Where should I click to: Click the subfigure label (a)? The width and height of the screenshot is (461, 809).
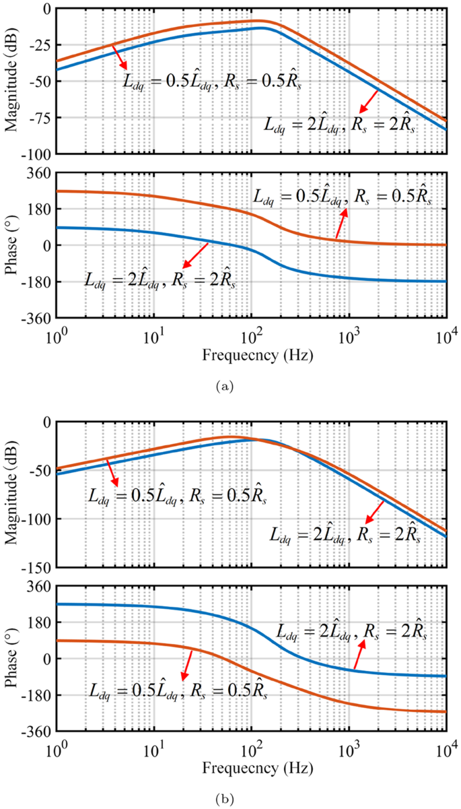225,386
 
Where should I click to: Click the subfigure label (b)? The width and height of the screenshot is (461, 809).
225,799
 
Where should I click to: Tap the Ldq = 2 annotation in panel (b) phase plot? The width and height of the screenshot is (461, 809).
351,631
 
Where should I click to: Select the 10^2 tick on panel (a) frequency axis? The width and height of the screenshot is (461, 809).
251,334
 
